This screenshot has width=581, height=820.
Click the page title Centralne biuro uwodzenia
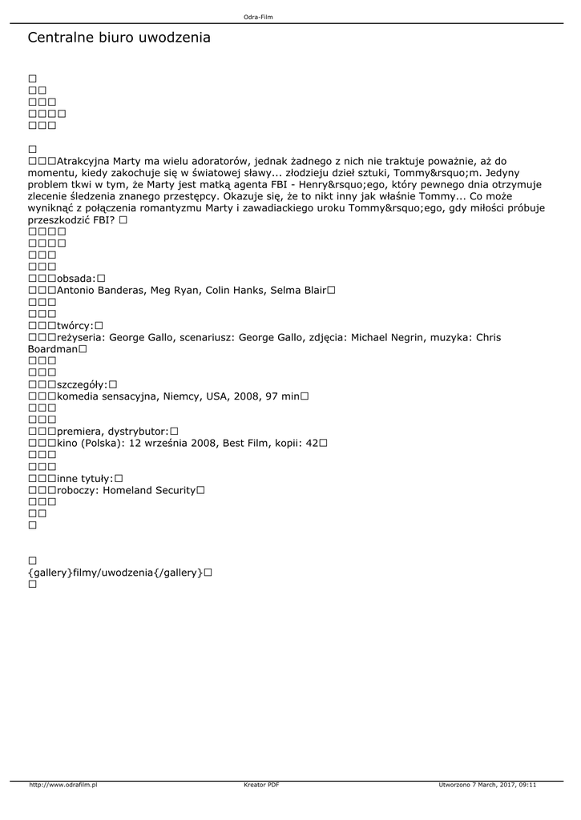[119, 38]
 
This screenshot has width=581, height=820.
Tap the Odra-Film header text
[258, 17]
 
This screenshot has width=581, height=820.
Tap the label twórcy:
[75, 325]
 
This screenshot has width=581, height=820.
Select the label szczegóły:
[82, 384]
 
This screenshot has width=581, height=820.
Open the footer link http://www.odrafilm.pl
[63, 785]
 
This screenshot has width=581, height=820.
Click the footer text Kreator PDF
[261, 785]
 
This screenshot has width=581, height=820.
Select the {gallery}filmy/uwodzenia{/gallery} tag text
[114, 573]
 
